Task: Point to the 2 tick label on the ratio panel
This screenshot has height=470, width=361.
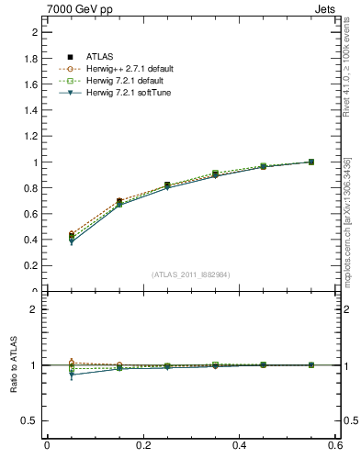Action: coord(36,309)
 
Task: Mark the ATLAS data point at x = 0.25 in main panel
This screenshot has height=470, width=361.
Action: coord(167,185)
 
